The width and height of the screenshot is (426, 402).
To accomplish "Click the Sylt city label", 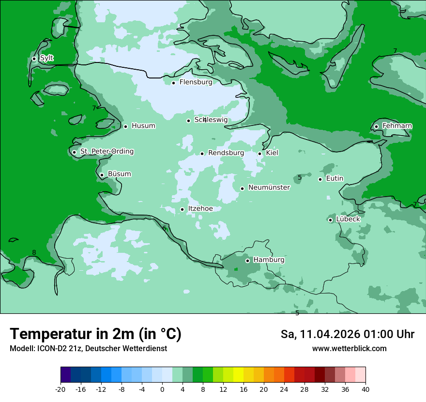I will (x=46, y=58).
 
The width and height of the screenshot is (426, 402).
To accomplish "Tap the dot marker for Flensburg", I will (x=173, y=83).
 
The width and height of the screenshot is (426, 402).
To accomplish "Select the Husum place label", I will (x=143, y=126).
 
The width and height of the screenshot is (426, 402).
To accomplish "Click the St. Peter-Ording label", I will (x=106, y=152).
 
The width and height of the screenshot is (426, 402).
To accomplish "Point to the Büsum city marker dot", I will (x=102, y=175).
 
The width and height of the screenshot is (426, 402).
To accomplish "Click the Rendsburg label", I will (x=226, y=153).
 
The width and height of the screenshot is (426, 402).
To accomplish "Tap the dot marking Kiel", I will (x=260, y=154).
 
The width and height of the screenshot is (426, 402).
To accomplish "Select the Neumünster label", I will (x=269, y=188).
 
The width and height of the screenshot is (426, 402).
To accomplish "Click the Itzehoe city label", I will (x=200, y=209).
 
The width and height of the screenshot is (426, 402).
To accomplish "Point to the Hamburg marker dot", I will (x=247, y=261).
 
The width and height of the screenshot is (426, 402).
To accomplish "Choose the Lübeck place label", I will (x=348, y=219).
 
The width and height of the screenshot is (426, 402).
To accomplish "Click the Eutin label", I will (x=335, y=179).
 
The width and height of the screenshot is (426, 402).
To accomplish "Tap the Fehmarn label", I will (x=397, y=126).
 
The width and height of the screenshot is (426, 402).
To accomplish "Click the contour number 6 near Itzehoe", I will (x=164, y=228).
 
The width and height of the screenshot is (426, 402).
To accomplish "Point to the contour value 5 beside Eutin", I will (x=300, y=178).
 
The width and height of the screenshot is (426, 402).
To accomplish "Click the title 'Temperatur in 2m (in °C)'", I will (x=95, y=334).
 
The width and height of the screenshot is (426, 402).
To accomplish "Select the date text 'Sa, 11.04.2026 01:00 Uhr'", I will (x=347, y=334).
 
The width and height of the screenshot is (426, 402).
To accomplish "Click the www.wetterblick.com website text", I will (x=349, y=349).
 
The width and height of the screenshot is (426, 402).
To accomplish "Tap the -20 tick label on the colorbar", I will (x=61, y=389).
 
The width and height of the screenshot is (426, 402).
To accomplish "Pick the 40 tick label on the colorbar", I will (x=365, y=389).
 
